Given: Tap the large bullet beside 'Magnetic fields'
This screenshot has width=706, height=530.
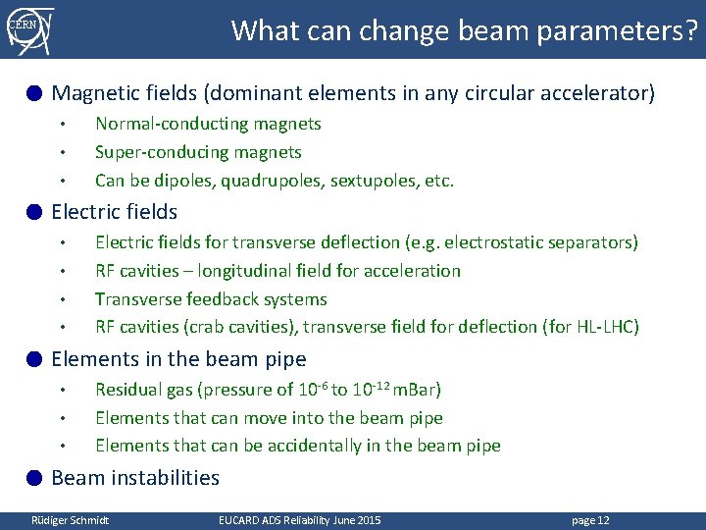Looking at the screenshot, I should coord(34,94).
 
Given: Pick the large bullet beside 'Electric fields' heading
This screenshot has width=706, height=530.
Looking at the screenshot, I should coord(34,212).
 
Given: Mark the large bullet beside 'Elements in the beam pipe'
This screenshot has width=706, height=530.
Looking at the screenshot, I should coord(34,359).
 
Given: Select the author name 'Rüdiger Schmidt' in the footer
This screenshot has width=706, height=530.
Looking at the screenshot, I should coord(70,519).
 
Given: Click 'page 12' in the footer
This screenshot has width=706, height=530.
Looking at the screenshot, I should coord(589,519).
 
